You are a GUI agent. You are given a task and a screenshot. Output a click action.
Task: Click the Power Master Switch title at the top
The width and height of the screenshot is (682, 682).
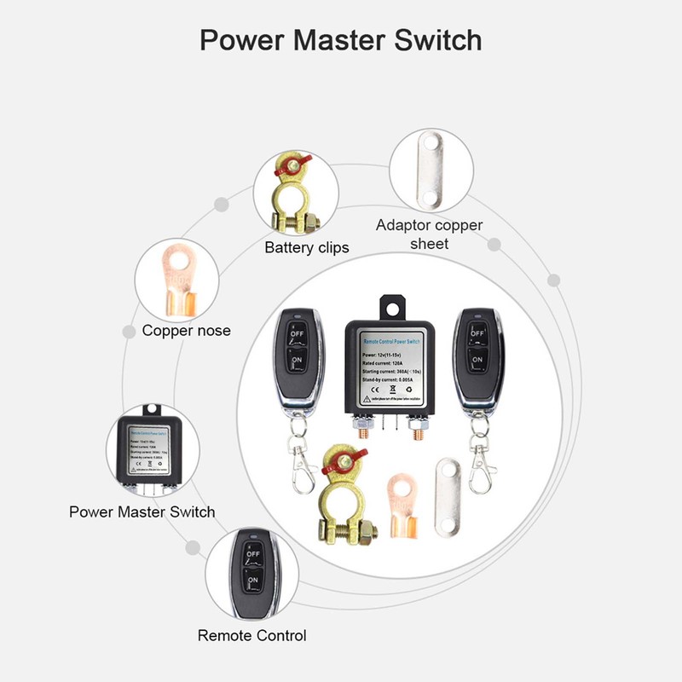tap(341, 40)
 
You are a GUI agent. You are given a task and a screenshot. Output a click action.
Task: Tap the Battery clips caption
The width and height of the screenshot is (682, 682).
tap(306, 248)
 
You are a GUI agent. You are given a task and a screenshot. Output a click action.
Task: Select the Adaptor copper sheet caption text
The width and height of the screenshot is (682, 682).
tap(429, 234)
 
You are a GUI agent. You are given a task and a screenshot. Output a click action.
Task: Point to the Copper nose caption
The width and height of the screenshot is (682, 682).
tap(186, 331)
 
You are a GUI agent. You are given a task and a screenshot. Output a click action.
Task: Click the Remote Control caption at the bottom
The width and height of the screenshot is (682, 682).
tap(251, 635)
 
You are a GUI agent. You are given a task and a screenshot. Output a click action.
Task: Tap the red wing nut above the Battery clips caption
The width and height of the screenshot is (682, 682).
tap(290, 168)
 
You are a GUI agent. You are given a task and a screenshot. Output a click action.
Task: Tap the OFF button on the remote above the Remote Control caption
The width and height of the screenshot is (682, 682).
tap(252, 552)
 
